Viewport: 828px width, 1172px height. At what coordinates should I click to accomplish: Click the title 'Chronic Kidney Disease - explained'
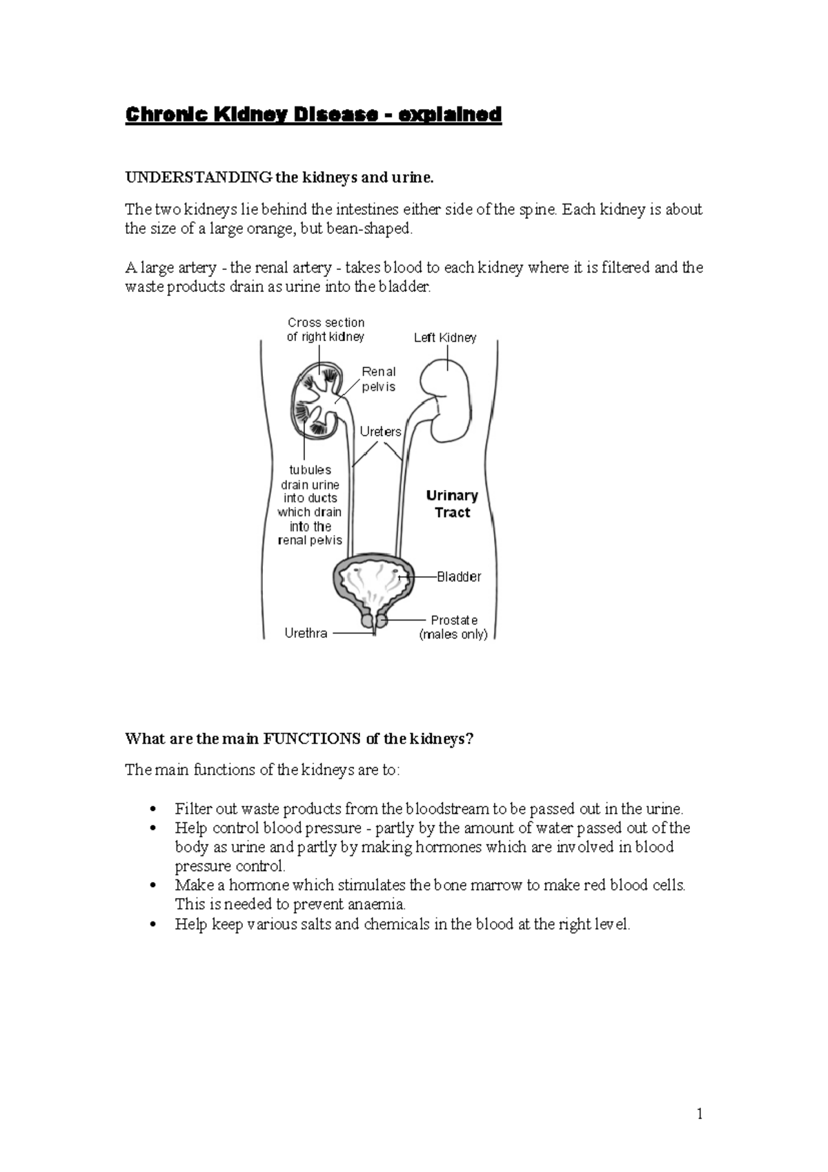click(x=313, y=114)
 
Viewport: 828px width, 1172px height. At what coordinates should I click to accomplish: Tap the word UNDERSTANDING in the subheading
click(x=198, y=178)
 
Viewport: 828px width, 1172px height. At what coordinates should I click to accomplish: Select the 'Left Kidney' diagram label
click(x=445, y=338)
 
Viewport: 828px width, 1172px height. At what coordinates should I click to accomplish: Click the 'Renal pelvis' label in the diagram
click(x=379, y=379)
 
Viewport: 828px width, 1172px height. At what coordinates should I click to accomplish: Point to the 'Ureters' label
click(x=380, y=431)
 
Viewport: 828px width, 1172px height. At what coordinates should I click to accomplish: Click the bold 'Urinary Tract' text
click(x=452, y=504)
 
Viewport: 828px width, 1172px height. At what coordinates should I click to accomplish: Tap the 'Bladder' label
click(x=459, y=576)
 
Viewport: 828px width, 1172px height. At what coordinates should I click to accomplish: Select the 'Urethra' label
click(x=306, y=633)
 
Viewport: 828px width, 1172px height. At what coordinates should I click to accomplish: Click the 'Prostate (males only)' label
click(x=453, y=627)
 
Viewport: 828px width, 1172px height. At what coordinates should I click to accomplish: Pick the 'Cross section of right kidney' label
click(x=326, y=329)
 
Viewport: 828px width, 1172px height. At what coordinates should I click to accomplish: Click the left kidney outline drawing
click(x=448, y=401)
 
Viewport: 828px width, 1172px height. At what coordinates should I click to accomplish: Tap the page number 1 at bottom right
click(x=700, y=1113)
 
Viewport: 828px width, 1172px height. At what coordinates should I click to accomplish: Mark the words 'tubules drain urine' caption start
click(x=310, y=477)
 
